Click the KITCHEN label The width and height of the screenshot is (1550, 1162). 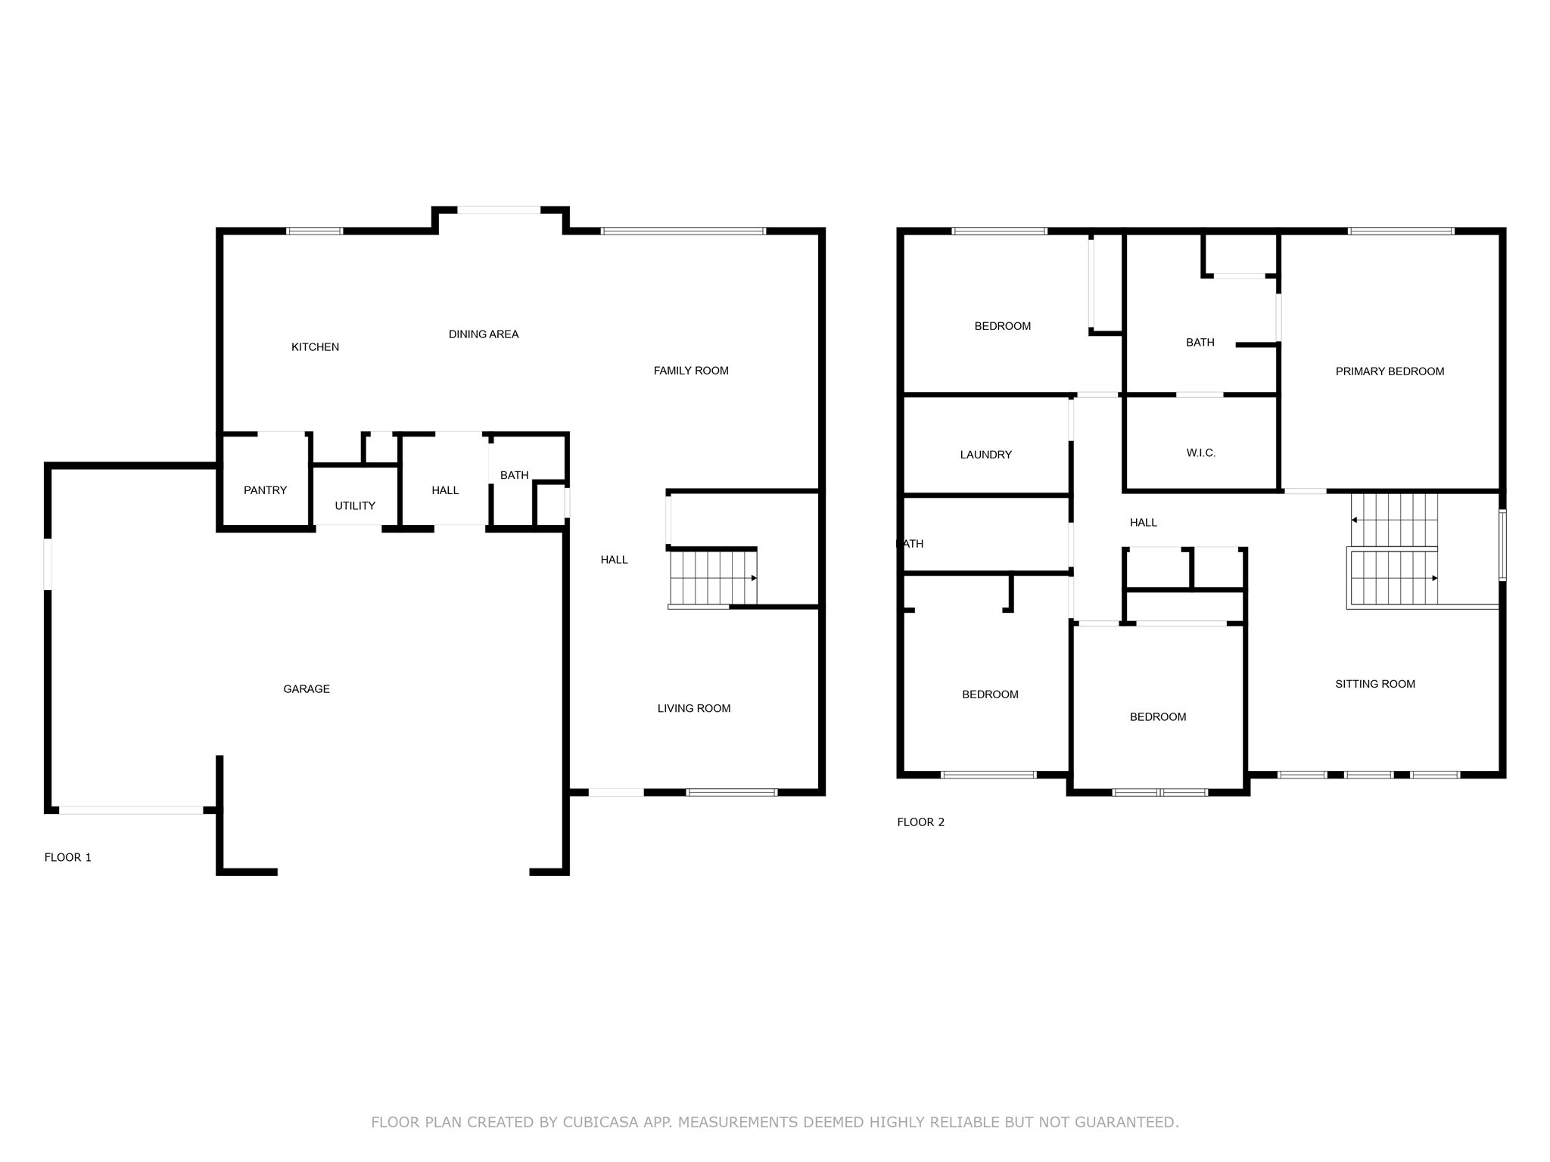click(315, 347)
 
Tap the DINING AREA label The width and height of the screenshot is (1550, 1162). click(484, 334)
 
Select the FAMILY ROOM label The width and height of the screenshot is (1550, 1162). click(691, 371)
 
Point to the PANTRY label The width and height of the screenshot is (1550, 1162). click(265, 490)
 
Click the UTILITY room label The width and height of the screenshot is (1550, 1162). click(355, 506)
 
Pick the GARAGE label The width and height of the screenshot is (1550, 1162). click(307, 689)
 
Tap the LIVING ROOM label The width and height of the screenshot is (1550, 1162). click(694, 709)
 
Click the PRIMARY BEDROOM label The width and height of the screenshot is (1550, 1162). click(1390, 371)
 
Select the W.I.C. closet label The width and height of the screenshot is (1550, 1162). click(1201, 453)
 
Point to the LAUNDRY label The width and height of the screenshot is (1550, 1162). click(985, 455)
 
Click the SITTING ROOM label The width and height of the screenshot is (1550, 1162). click(1375, 684)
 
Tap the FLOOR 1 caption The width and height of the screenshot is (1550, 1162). click(68, 857)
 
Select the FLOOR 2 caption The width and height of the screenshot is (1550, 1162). click(921, 822)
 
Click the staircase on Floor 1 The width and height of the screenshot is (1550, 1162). click(713, 579)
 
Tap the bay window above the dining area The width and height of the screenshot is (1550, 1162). click(499, 210)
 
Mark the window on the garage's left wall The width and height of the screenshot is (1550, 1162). click(48, 564)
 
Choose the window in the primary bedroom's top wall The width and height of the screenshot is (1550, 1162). click(1401, 231)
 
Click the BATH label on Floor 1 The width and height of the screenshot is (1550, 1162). click(514, 475)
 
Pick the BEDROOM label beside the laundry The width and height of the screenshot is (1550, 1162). click(1002, 326)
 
